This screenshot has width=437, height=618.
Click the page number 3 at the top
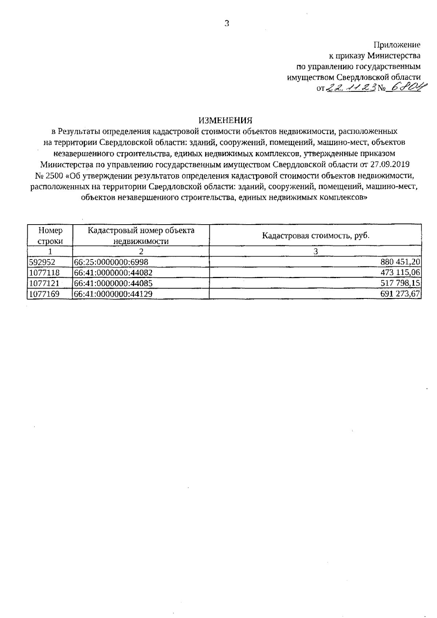coord(227,24)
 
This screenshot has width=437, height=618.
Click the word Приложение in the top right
coord(397,45)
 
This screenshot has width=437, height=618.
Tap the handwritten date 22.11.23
coord(351,88)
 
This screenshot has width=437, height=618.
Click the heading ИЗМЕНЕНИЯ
coord(225,120)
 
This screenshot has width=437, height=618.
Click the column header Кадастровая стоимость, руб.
coord(315,235)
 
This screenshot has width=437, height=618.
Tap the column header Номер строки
coord(50,235)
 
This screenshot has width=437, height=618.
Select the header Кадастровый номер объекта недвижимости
coord(141,235)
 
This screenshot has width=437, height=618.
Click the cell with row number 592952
coord(42,262)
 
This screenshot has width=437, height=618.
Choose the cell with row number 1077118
coord(44,273)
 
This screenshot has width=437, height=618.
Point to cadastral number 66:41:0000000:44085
coord(113,283)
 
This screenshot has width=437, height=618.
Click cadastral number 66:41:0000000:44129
coord(113,294)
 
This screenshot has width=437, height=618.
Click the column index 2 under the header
coord(141,251)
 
